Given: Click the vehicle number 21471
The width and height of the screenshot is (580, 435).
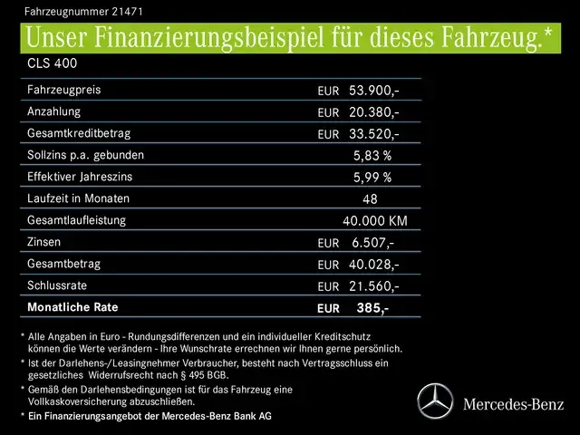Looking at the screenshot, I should tap(127, 12).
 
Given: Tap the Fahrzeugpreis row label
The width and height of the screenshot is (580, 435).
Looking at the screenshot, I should tap(64, 91).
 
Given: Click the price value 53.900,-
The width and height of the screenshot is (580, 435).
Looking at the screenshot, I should tap(373, 91).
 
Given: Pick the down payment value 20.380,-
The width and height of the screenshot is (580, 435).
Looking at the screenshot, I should tap(373, 112).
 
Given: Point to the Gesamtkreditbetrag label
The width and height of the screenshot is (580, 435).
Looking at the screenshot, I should tap(79, 133).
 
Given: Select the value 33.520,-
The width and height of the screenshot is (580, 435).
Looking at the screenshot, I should tap(373, 134).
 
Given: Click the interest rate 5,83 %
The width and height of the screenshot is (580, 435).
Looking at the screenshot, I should tap(372, 156).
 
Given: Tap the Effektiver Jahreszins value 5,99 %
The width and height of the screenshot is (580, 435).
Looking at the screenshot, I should tap(372, 178).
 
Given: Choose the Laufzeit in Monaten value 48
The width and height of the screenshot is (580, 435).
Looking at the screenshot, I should tap(370, 199).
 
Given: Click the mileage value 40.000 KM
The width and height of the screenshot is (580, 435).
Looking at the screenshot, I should tap(375, 221).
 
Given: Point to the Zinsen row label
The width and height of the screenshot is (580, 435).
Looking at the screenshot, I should tap(45, 242).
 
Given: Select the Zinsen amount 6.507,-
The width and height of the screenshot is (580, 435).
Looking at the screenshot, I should tap(372, 243).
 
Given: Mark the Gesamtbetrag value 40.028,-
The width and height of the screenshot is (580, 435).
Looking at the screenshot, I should tap(373, 265).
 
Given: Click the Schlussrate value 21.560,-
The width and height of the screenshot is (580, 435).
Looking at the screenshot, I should tap(373, 286).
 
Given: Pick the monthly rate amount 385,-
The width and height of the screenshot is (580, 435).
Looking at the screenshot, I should tap(372, 308).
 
